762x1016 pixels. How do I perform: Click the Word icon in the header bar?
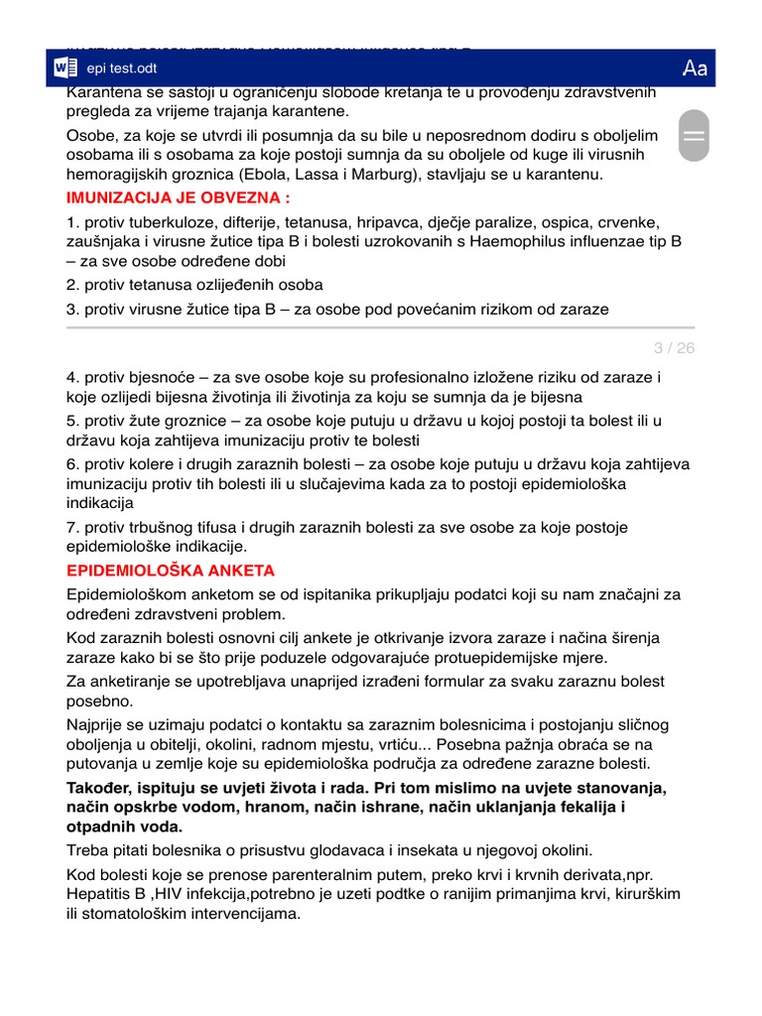[66, 68]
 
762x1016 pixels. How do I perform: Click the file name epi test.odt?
[122, 68]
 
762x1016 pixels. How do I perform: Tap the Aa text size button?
[695, 68]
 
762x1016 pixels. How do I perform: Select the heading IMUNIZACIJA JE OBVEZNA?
[178, 197]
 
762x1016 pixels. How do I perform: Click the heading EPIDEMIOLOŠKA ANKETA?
[170, 571]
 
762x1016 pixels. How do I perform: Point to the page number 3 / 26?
[674, 347]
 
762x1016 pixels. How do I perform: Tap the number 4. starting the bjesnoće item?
[72, 378]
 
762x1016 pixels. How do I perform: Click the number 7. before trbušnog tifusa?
[72, 527]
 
